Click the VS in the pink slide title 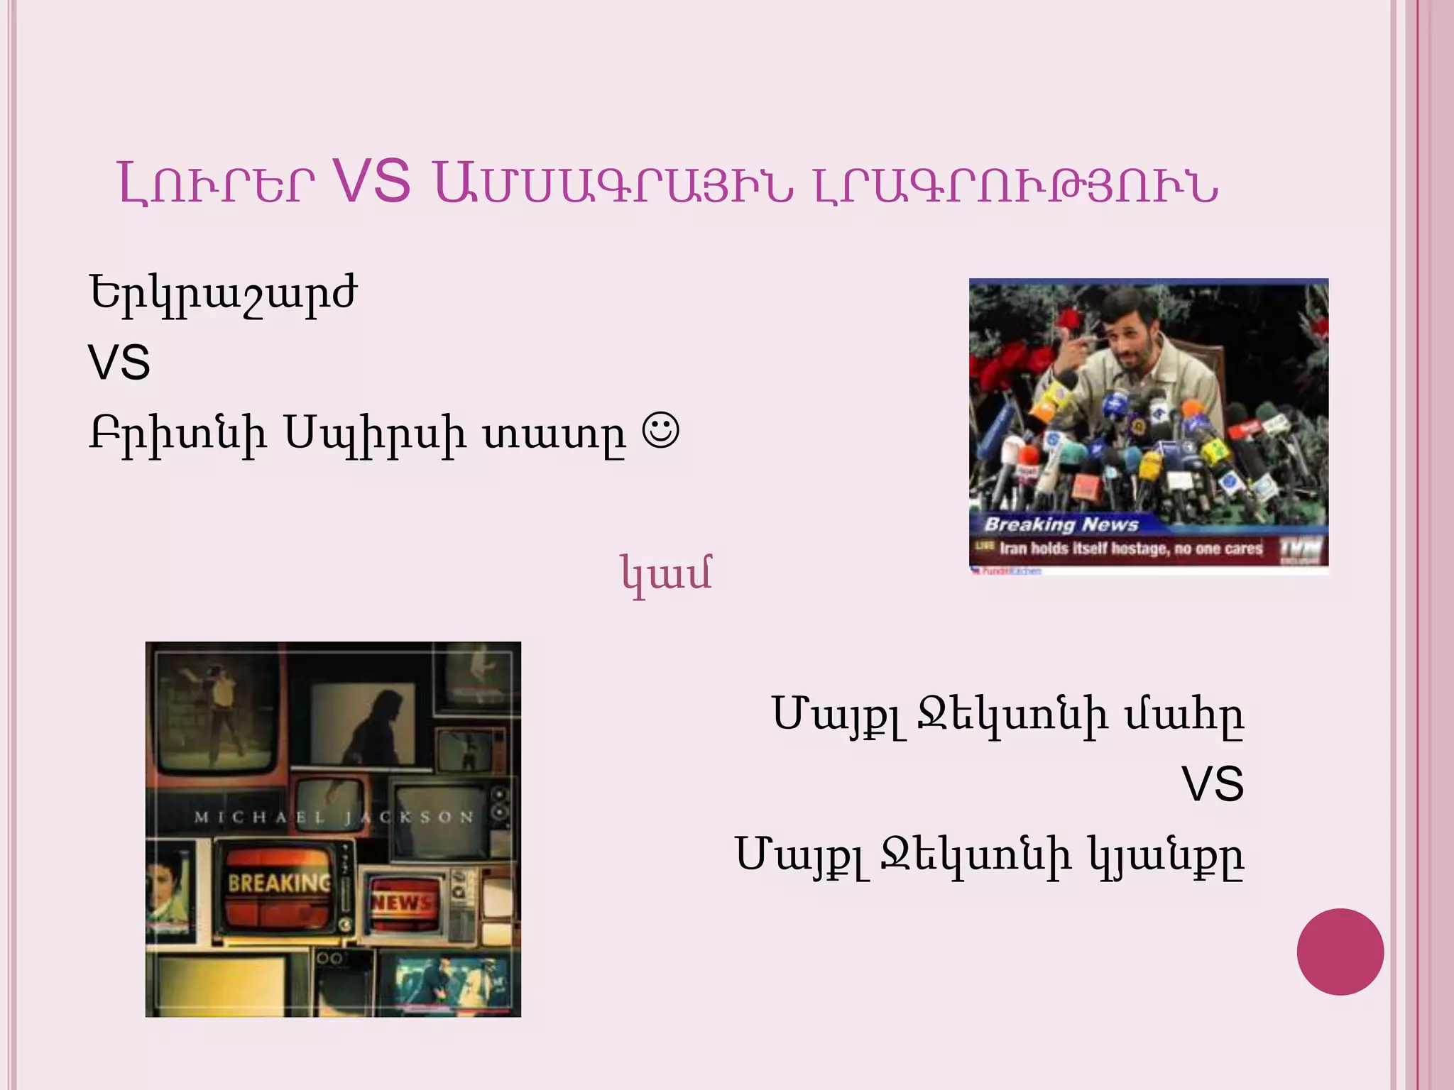(x=371, y=182)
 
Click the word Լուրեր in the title (x=216, y=184)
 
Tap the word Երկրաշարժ (x=222, y=294)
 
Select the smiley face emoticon (x=660, y=430)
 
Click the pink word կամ (x=666, y=573)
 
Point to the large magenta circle (x=1340, y=952)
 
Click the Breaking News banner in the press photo (x=1061, y=524)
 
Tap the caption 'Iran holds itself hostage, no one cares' (x=1130, y=548)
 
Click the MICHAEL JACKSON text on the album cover (x=334, y=817)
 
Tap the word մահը (x=1184, y=715)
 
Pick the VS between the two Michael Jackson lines (x=1212, y=784)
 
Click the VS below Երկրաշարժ (x=119, y=363)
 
